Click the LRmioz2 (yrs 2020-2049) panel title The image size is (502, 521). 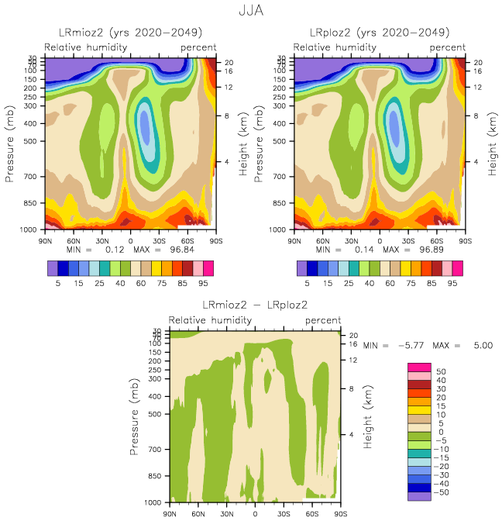point(131,33)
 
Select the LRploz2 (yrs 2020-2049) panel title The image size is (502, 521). point(380,33)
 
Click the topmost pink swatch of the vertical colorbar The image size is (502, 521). point(419,366)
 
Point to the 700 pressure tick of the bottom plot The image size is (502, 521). point(153,449)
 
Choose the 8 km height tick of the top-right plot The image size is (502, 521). point(476,116)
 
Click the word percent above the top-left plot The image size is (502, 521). point(199,47)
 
